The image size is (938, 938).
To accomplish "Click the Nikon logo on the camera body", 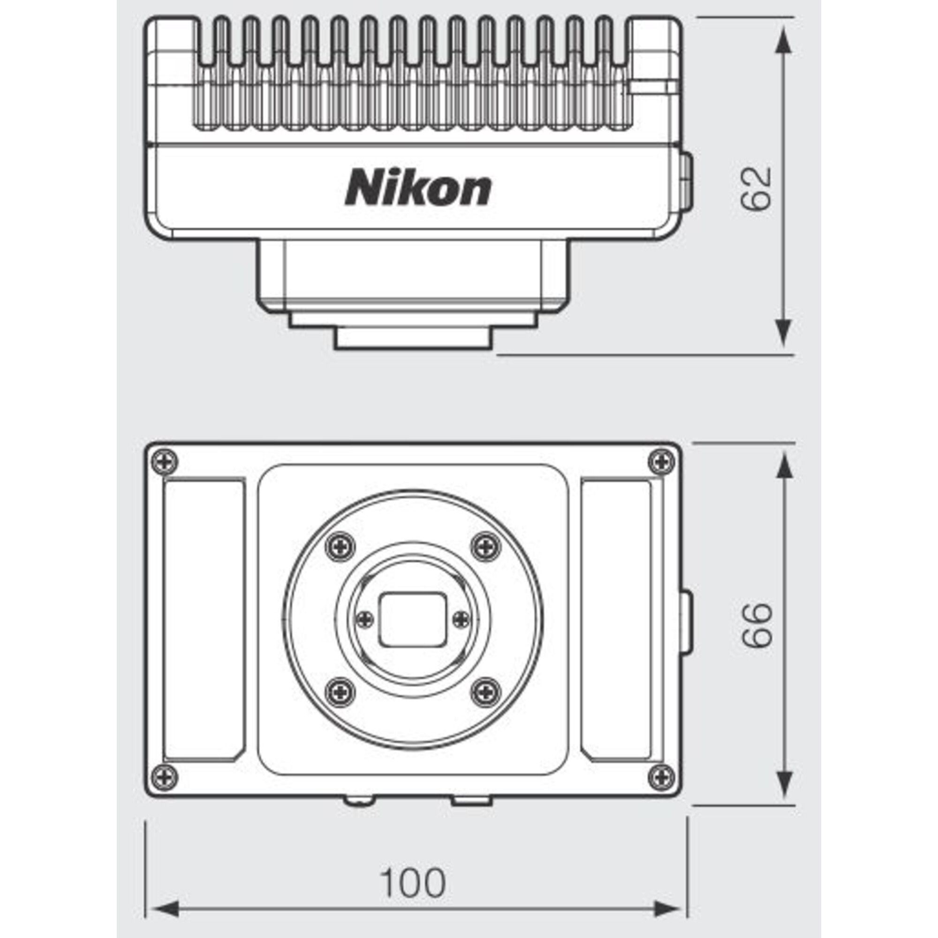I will (x=418, y=187).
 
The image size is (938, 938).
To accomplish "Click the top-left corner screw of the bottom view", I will (x=165, y=461).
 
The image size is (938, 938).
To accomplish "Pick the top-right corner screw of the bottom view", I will (x=661, y=461).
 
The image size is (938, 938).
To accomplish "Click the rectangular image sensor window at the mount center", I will (x=413, y=620).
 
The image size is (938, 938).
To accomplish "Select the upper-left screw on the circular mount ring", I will (x=340, y=547).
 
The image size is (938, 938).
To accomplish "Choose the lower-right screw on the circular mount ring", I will (x=486, y=692).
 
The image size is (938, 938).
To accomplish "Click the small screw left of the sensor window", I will (x=365, y=619).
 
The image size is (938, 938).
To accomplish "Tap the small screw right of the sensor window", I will (x=461, y=619).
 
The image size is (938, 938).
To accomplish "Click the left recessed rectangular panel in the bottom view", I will (x=204, y=620).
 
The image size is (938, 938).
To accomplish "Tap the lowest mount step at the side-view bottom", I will (x=413, y=339).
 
